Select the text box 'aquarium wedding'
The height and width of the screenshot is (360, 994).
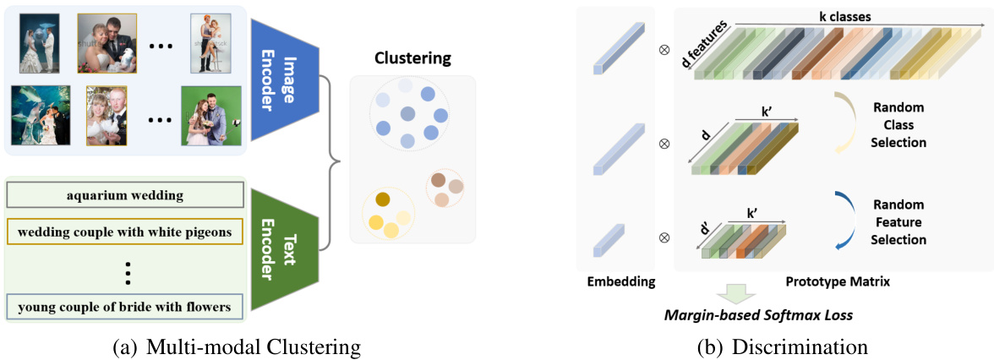(x=125, y=195)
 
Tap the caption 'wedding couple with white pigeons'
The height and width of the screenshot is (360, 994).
(x=125, y=230)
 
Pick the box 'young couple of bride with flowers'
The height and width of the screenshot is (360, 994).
(x=125, y=306)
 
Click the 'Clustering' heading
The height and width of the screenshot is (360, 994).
(x=412, y=58)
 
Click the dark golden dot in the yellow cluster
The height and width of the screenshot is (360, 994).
(x=382, y=200)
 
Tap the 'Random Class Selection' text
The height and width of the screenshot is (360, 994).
(x=898, y=125)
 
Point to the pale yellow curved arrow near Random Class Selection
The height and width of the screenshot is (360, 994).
(x=844, y=124)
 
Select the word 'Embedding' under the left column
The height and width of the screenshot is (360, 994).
(x=621, y=282)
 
